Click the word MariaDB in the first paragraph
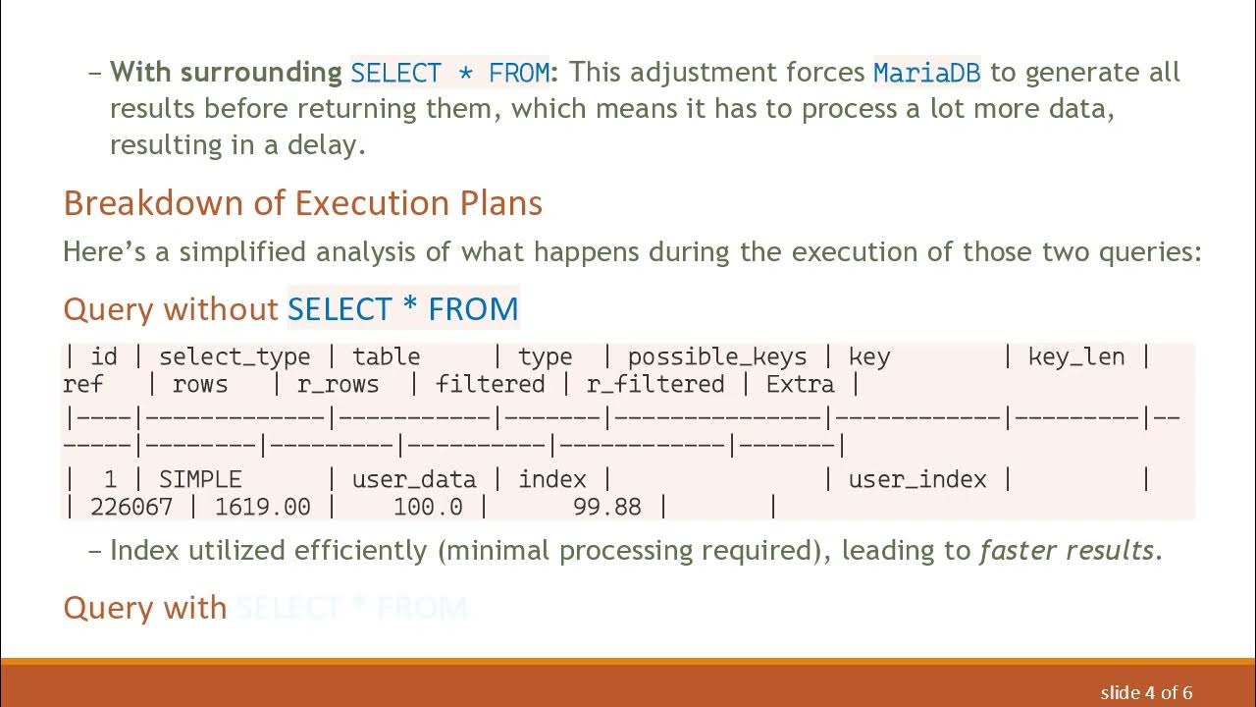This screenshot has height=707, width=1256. coord(927,73)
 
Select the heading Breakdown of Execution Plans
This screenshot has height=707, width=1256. coord(302,203)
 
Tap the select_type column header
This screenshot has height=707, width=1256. coord(235,356)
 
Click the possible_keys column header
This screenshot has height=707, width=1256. coord(716,356)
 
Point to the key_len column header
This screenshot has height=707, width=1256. coord(1075,356)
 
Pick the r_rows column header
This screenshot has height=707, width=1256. coord(338,384)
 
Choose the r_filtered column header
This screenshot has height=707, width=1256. coord(654,384)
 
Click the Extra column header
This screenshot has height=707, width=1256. coord(800,384)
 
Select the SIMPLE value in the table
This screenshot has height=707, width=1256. coord(200,479)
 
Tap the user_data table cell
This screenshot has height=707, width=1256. coord(414,479)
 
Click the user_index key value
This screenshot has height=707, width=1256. coord(917,479)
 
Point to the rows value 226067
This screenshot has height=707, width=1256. coord(131,507)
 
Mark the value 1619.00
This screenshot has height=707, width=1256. coord(262,507)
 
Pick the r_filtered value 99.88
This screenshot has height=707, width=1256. coord(607,507)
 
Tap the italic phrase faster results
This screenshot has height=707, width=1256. coord(1068,550)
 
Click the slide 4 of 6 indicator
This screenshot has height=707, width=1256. coord(1146,692)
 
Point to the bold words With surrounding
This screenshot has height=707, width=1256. coord(226,73)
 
